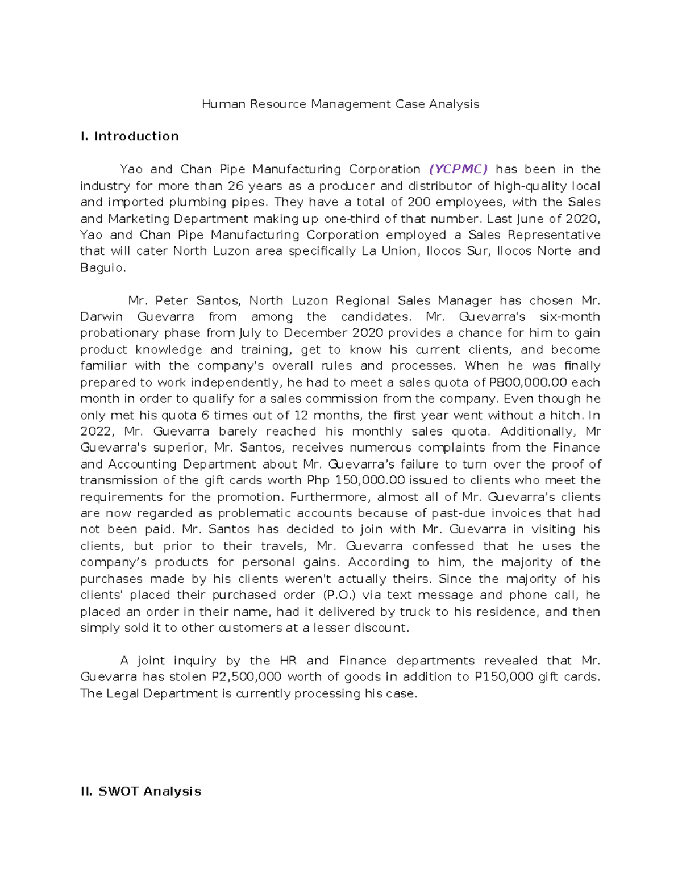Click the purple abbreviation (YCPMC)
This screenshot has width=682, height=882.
(x=459, y=169)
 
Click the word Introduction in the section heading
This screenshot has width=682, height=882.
(x=136, y=136)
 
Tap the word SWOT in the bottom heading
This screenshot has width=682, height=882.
(x=118, y=792)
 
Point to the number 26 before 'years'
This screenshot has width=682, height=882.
(x=235, y=186)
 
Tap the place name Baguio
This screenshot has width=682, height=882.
(x=102, y=268)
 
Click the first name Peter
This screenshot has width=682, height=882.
(x=171, y=300)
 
